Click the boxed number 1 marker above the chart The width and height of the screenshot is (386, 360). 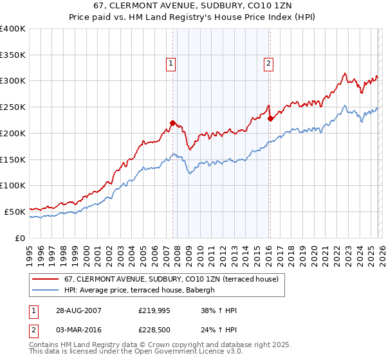point(171,63)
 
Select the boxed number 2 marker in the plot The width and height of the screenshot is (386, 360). point(268,63)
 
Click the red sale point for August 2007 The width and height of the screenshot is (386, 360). point(172,123)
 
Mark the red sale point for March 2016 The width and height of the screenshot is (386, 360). point(271,118)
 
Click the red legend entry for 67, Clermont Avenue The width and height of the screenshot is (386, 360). point(170,280)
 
